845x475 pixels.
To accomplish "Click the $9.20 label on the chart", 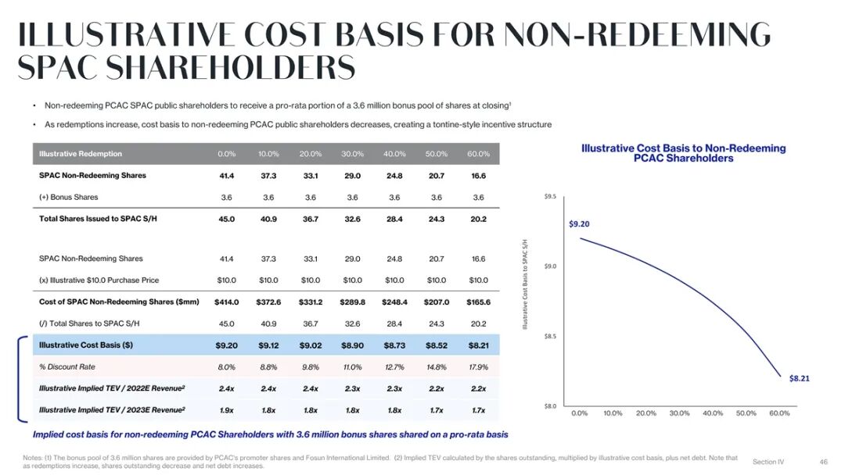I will [579, 224].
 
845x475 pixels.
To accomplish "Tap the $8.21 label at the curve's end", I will [799, 378].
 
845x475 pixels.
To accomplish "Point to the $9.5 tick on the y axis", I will [550, 197].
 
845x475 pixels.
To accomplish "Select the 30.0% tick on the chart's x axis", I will [679, 413].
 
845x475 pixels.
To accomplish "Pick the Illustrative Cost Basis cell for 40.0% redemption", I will [394, 345].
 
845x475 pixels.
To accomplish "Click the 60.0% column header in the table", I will [478, 154].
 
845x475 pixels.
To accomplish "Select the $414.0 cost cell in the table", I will [227, 302].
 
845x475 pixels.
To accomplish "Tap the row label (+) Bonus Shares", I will [69, 197].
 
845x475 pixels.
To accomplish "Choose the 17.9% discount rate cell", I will [478, 367].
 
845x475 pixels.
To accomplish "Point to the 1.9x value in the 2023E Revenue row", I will [227, 410].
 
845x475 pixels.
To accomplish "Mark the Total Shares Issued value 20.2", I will [478, 219].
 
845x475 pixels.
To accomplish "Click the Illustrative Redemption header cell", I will [81, 154].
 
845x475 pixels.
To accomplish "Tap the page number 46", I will [823, 462].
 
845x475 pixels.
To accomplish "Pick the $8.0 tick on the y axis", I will [550, 406].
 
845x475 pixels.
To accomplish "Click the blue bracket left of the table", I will [22, 378].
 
